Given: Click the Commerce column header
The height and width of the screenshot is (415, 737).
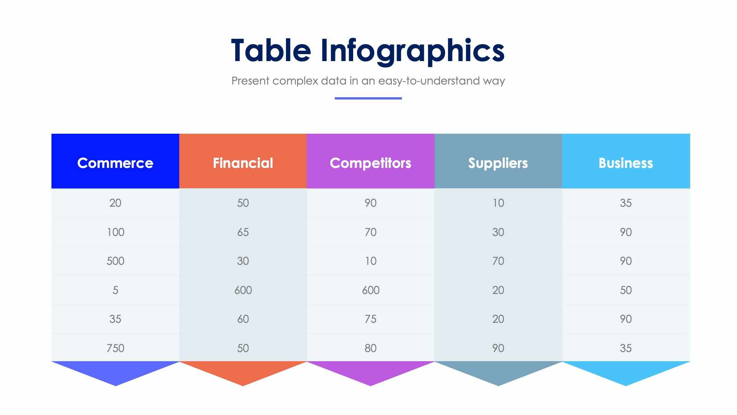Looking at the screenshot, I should click(115, 163).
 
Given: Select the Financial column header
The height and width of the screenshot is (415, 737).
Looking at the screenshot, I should click(243, 163).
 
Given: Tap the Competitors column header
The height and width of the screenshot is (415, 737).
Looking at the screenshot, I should click(370, 163).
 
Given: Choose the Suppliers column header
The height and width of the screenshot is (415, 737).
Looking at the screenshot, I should click(498, 163).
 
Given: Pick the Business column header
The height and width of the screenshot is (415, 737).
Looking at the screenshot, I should click(626, 163).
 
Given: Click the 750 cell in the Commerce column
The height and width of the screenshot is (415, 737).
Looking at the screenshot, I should click(115, 348).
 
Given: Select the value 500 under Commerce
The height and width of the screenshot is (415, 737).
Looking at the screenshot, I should click(115, 261).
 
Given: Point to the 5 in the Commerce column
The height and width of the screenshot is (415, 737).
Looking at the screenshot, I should click(115, 290).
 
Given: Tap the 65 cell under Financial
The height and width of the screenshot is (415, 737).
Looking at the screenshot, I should click(243, 232).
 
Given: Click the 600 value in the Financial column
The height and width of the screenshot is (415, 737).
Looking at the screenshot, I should click(243, 290).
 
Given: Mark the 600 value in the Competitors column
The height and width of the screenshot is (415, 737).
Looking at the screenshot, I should click(370, 290).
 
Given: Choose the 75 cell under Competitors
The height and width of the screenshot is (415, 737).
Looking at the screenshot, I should click(370, 319).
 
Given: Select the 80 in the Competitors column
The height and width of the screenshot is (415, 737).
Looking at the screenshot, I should click(370, 348).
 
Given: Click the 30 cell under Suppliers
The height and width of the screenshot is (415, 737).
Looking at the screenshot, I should click(498, 232).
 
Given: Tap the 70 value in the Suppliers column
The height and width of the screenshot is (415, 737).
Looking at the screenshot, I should click(498, 261).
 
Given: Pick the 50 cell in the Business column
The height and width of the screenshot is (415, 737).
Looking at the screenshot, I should click(626, 290).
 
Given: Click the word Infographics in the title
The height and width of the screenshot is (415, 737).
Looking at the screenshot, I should click(412, 51).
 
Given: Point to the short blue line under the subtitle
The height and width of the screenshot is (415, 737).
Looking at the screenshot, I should click(368, 98).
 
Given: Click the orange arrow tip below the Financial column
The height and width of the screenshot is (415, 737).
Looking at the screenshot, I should click(243, 375).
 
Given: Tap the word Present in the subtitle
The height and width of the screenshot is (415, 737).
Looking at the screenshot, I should click(250, 81).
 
